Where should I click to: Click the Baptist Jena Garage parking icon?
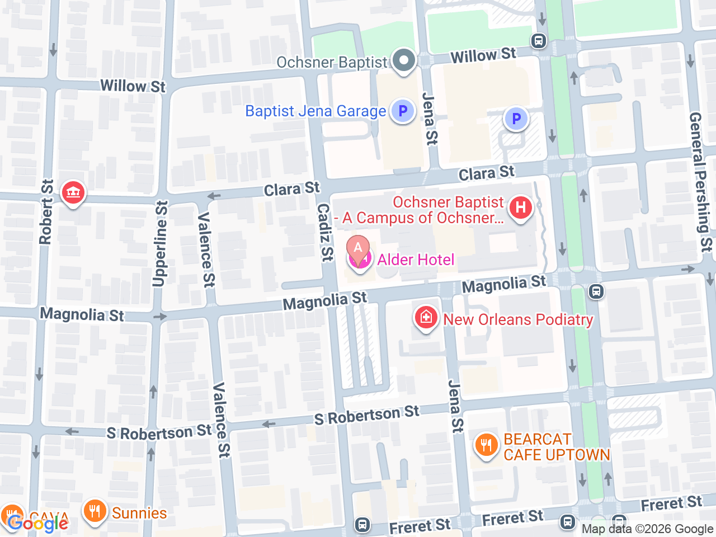tap(402, 111)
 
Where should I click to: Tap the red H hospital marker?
tap(520, 208)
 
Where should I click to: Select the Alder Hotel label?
tap(416, 260)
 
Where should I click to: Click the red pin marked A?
tap(358, 248)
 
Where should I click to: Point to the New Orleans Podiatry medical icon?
tap(426, 318)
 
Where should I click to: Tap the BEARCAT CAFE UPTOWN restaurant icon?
tap(486, 445)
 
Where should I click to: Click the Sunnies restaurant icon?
tap(95, 511)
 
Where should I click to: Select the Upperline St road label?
tap(161, 244)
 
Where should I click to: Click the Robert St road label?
tap(46, 212)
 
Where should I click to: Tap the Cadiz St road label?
tap(325, 232)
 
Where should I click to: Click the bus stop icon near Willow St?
tap(539, 41)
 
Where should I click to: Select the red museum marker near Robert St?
tap(73, 193)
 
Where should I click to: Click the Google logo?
tap(38, 524)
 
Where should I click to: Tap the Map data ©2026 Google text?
tap(647, 529)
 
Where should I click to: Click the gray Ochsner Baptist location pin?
tap(404, 60)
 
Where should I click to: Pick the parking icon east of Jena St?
tap(516, 119)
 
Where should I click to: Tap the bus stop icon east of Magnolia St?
tap(596, 291)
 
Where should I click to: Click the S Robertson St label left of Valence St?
tap(159, 432)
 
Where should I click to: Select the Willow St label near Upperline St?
tap(133, 86)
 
